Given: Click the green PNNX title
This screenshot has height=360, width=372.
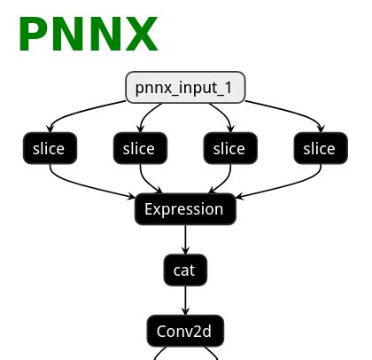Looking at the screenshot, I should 88,35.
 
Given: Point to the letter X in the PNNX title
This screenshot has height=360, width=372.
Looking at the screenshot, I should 140,35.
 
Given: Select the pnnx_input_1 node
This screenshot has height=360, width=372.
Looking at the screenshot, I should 185,89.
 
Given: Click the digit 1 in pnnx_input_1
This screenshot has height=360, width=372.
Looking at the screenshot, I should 236,89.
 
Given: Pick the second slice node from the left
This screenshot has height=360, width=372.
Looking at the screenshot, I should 140,149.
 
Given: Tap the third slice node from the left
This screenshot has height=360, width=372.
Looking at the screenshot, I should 229,149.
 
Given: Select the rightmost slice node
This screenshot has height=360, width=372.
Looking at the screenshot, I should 319,149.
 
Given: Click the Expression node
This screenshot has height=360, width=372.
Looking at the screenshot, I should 185,210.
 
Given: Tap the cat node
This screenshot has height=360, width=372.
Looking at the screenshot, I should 185,270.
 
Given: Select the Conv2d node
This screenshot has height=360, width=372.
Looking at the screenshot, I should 185,332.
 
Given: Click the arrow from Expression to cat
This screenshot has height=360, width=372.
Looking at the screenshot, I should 185,239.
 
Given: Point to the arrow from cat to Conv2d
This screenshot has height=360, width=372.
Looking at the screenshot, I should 185,301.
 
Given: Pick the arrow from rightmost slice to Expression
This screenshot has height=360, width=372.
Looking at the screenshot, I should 283,188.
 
